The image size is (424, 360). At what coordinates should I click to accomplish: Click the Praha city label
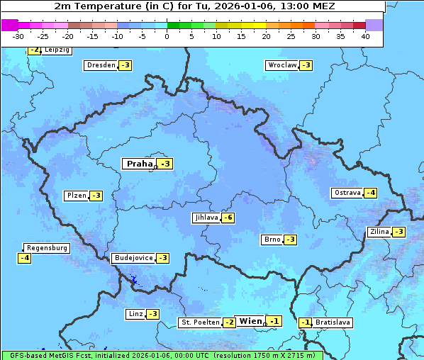(139, 164)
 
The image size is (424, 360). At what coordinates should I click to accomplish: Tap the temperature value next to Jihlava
(228, 218)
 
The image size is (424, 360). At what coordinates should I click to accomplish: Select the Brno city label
(272, 240)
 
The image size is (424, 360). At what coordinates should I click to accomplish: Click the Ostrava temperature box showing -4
(370, 193)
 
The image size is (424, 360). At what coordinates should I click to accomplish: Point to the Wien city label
(250, 321)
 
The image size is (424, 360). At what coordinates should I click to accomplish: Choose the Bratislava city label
(333, 322)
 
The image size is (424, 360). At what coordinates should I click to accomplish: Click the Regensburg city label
(48, 248)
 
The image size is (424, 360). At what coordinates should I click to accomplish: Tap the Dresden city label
(101, 65)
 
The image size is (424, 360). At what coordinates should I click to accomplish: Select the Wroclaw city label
(281, 65)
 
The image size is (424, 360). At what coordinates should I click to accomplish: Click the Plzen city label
(76, 196)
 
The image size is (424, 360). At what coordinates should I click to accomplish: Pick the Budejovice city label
(133, 258)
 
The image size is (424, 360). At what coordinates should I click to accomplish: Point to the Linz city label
(135, 314)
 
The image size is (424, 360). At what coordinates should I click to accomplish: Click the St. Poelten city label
(199, 322)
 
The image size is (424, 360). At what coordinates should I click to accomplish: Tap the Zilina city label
(379, 232)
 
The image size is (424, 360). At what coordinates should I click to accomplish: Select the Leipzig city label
(57, 50)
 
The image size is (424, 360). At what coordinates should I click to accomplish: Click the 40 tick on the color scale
(365, 36)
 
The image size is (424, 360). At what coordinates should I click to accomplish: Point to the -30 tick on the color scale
(18, 36)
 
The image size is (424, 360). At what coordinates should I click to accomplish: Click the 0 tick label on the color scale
(167, 36)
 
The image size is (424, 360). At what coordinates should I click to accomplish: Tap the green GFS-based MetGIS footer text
(162, 355)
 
